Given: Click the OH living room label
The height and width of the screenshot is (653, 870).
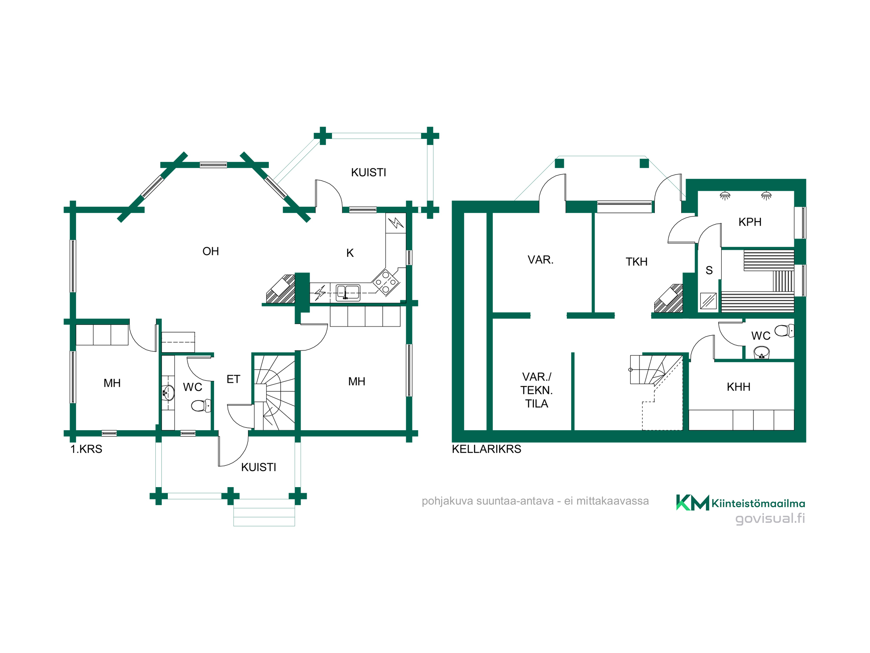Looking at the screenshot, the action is tap(211, 251).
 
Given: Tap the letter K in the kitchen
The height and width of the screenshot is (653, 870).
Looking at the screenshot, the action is tap(350, 253).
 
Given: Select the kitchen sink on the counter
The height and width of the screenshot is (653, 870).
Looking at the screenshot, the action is tap(348, 293).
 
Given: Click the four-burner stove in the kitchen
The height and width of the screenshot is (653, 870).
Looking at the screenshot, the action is tap(386, 282).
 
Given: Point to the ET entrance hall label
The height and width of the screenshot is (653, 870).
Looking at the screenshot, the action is tap(233, 379).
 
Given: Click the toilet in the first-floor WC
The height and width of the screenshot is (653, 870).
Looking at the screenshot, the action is tap(201, 406).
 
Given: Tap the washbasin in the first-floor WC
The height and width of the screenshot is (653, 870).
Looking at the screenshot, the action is tap(168, 393).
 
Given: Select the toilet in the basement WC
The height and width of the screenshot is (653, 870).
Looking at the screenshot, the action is tap(784, 331).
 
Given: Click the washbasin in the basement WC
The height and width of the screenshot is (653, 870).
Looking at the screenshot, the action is tap(762, 352).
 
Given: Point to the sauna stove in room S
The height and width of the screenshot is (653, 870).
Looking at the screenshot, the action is tap(708, 301).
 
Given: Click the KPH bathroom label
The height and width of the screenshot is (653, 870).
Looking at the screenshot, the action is tap(750, 222).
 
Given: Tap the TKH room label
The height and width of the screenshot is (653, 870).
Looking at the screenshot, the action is tap(636, 262).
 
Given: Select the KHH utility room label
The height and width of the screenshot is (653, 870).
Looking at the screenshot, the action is tap(738, 387).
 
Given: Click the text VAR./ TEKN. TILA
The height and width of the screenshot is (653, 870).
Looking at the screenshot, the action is tap(536, 390).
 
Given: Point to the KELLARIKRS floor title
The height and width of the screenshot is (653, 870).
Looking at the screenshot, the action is tap(486, 449).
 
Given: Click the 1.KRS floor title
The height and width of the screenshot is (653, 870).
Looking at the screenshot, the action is tap(86, 449).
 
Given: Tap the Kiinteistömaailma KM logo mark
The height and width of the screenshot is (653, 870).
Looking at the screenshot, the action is tap(693, 502).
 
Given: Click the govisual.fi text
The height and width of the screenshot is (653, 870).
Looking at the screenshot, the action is tap(770, 518).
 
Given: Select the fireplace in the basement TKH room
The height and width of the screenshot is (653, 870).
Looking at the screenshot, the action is tap(669, 299).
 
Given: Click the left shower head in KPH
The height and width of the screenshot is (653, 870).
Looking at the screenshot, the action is tap(725, 195).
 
